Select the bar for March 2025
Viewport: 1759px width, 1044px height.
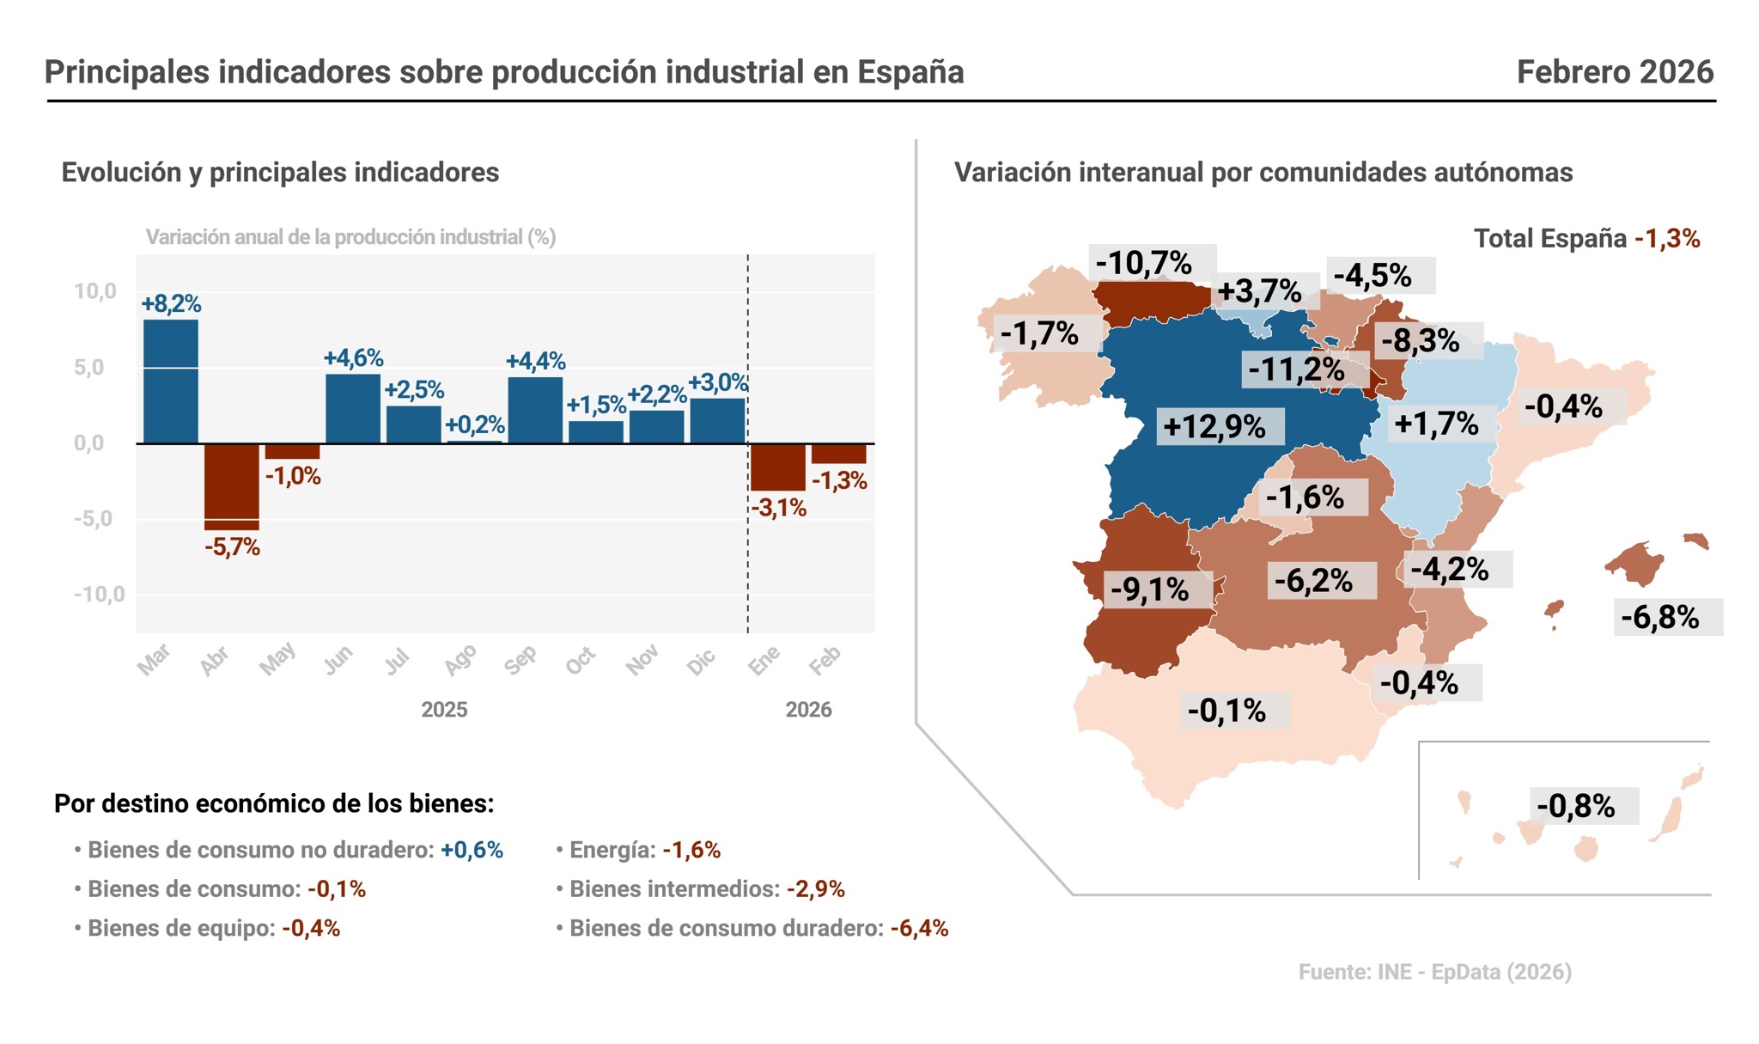170,382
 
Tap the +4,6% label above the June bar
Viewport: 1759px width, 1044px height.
353,358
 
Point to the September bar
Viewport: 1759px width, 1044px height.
535,410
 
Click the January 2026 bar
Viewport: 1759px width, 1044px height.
777,467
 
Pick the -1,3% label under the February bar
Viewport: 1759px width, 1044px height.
839,481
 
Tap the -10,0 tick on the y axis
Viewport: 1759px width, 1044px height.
99,595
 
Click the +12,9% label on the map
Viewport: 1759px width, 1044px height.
1214,426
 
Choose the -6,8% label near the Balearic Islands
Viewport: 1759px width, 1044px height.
1659,617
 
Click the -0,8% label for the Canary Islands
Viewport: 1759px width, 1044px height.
1575,806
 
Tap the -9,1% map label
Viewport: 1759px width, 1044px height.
1149,589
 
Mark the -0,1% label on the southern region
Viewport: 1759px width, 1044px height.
1226,711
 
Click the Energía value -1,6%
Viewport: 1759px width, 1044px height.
691,850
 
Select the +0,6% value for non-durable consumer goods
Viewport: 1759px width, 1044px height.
472,850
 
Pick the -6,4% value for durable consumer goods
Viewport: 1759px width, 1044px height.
919,928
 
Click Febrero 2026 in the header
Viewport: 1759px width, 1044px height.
1615,72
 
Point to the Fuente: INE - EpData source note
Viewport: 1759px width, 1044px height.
1434,972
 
